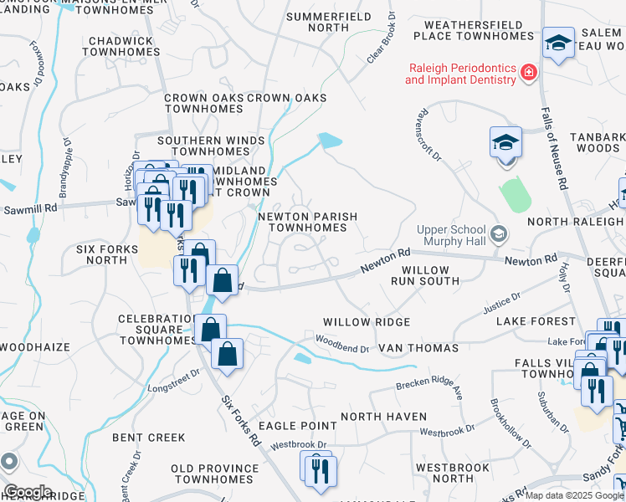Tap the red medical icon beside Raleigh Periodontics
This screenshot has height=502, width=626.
coord(528,74)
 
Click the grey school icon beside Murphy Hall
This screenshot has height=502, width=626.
coord(500,232)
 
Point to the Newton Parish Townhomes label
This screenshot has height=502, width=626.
coord(307,222)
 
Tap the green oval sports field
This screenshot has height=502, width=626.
coord(516,194)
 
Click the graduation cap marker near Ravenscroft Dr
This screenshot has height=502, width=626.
coord(505,143)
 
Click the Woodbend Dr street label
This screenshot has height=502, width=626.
coord(341,344)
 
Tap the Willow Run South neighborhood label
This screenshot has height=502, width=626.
coord(430,276)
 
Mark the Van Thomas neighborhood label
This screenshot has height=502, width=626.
coord(418,347)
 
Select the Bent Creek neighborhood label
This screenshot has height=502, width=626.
coord(149,437)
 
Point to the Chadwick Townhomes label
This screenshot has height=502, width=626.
coord(121,46)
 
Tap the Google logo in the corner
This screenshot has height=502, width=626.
coord(27,492)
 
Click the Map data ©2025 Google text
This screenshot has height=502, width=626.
coord(574,495)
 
